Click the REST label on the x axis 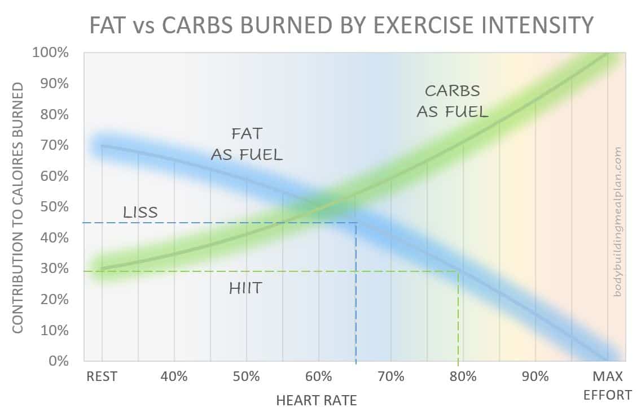click(x=102, y=376)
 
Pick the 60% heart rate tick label click(x=319, y=376)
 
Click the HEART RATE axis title click(x=317, y=401)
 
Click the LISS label click(x=141, y=213)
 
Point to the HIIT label click(x=245, y=288)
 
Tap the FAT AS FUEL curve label click(x=247, y=144)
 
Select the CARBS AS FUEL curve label click(x=452, y=101)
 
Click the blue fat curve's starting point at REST click(x=102, y=145)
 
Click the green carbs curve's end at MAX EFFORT click(x=608, y=54)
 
